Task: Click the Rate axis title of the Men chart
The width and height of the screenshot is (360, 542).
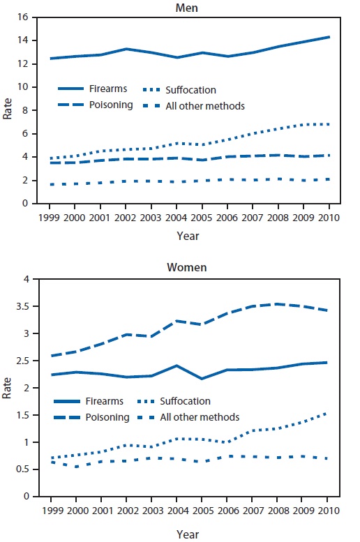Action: pyautogui.click(x=8, y=110)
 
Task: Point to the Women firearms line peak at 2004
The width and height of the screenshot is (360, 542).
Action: pyautogui.click(x=177, y=366)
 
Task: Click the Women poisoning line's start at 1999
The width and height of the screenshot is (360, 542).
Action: pyautogui.click(x=52, y=356)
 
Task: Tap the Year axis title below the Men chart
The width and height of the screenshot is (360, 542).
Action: pyautogui.click(x=188, y=236)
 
